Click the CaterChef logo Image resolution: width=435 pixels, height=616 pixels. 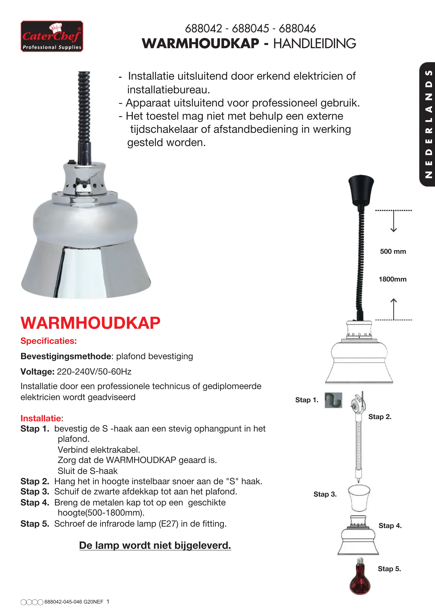coord(52,36)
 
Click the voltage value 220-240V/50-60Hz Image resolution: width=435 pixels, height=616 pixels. coord(94,372)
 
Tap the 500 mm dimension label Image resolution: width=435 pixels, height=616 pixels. coord(393,251)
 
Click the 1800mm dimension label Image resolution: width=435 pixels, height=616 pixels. coord(392,279)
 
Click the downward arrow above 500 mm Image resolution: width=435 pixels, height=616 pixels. coord(393,221)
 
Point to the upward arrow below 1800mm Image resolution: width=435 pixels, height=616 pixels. coord(393,309)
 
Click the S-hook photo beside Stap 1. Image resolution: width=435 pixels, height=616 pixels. coord(333,400)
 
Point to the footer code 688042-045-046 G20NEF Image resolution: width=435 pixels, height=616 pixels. coord(74,602)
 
